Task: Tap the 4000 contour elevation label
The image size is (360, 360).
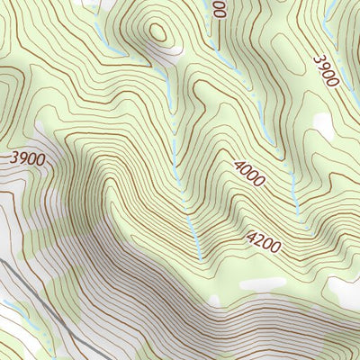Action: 248,174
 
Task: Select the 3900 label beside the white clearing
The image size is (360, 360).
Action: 29,158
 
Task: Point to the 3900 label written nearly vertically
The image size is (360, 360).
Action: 325,71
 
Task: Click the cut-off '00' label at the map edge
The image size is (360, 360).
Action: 220,9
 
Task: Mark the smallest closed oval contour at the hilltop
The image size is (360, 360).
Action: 159,33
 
